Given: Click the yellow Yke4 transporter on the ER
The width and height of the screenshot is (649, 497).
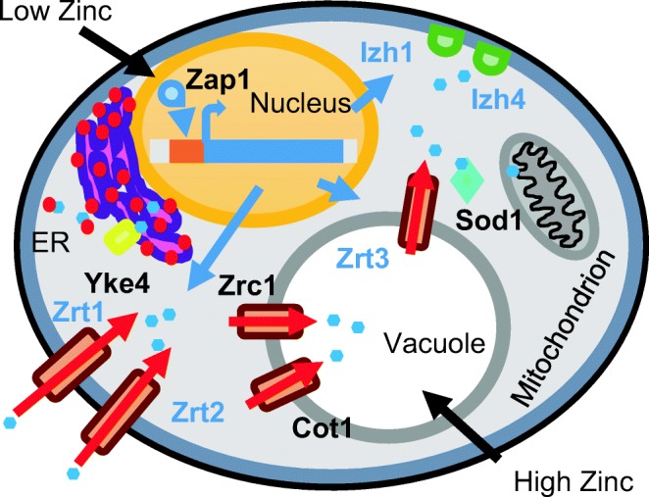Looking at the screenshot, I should click(x=124, y=236).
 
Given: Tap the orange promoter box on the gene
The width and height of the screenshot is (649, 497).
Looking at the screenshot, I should click(x=183, y=152).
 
